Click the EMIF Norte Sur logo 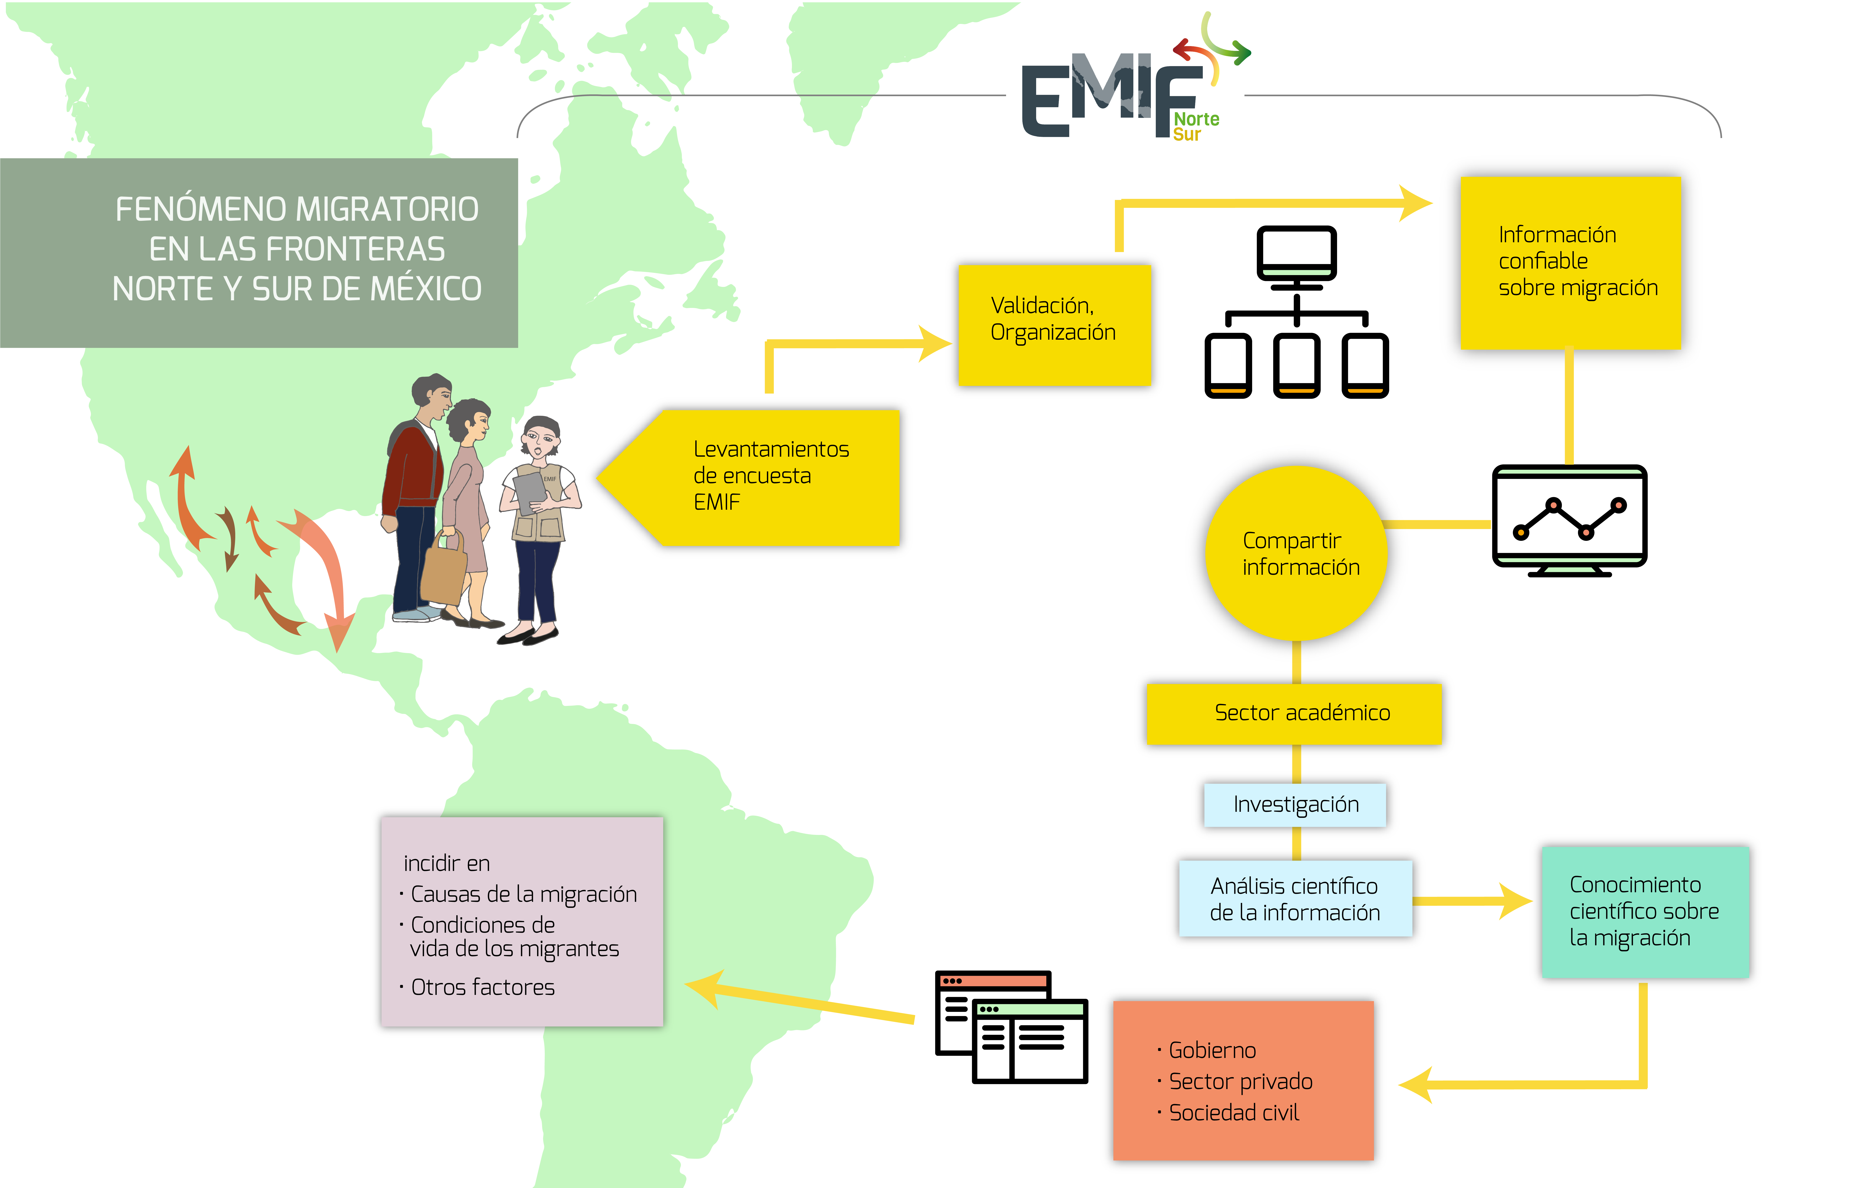click(1134, 77)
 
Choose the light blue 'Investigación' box click(1295, 805)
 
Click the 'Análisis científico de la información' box click(1295, 899)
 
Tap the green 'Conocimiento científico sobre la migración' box click(1645, 912)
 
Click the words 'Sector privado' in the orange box click(1240, 1081)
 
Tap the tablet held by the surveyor click(529, 492)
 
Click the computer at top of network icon click(1297, 257)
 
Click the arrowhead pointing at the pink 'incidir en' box click(704, 987)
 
